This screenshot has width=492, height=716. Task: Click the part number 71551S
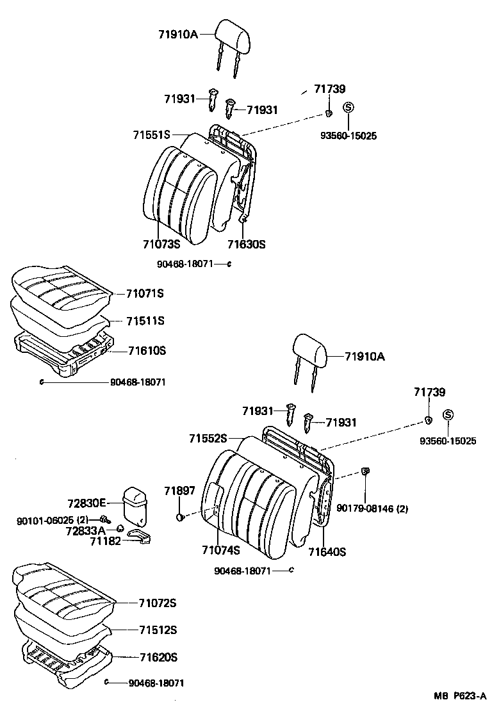152,135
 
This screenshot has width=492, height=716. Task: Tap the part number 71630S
246,244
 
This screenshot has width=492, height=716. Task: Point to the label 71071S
145,294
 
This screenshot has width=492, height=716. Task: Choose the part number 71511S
145,321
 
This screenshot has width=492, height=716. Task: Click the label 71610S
147,350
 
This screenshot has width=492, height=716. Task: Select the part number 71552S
208,438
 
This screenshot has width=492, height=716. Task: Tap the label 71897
179,491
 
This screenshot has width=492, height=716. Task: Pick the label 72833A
85,530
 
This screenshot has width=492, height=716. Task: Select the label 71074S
220,550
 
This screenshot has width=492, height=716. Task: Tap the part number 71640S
327,551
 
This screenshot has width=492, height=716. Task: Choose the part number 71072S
157,603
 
